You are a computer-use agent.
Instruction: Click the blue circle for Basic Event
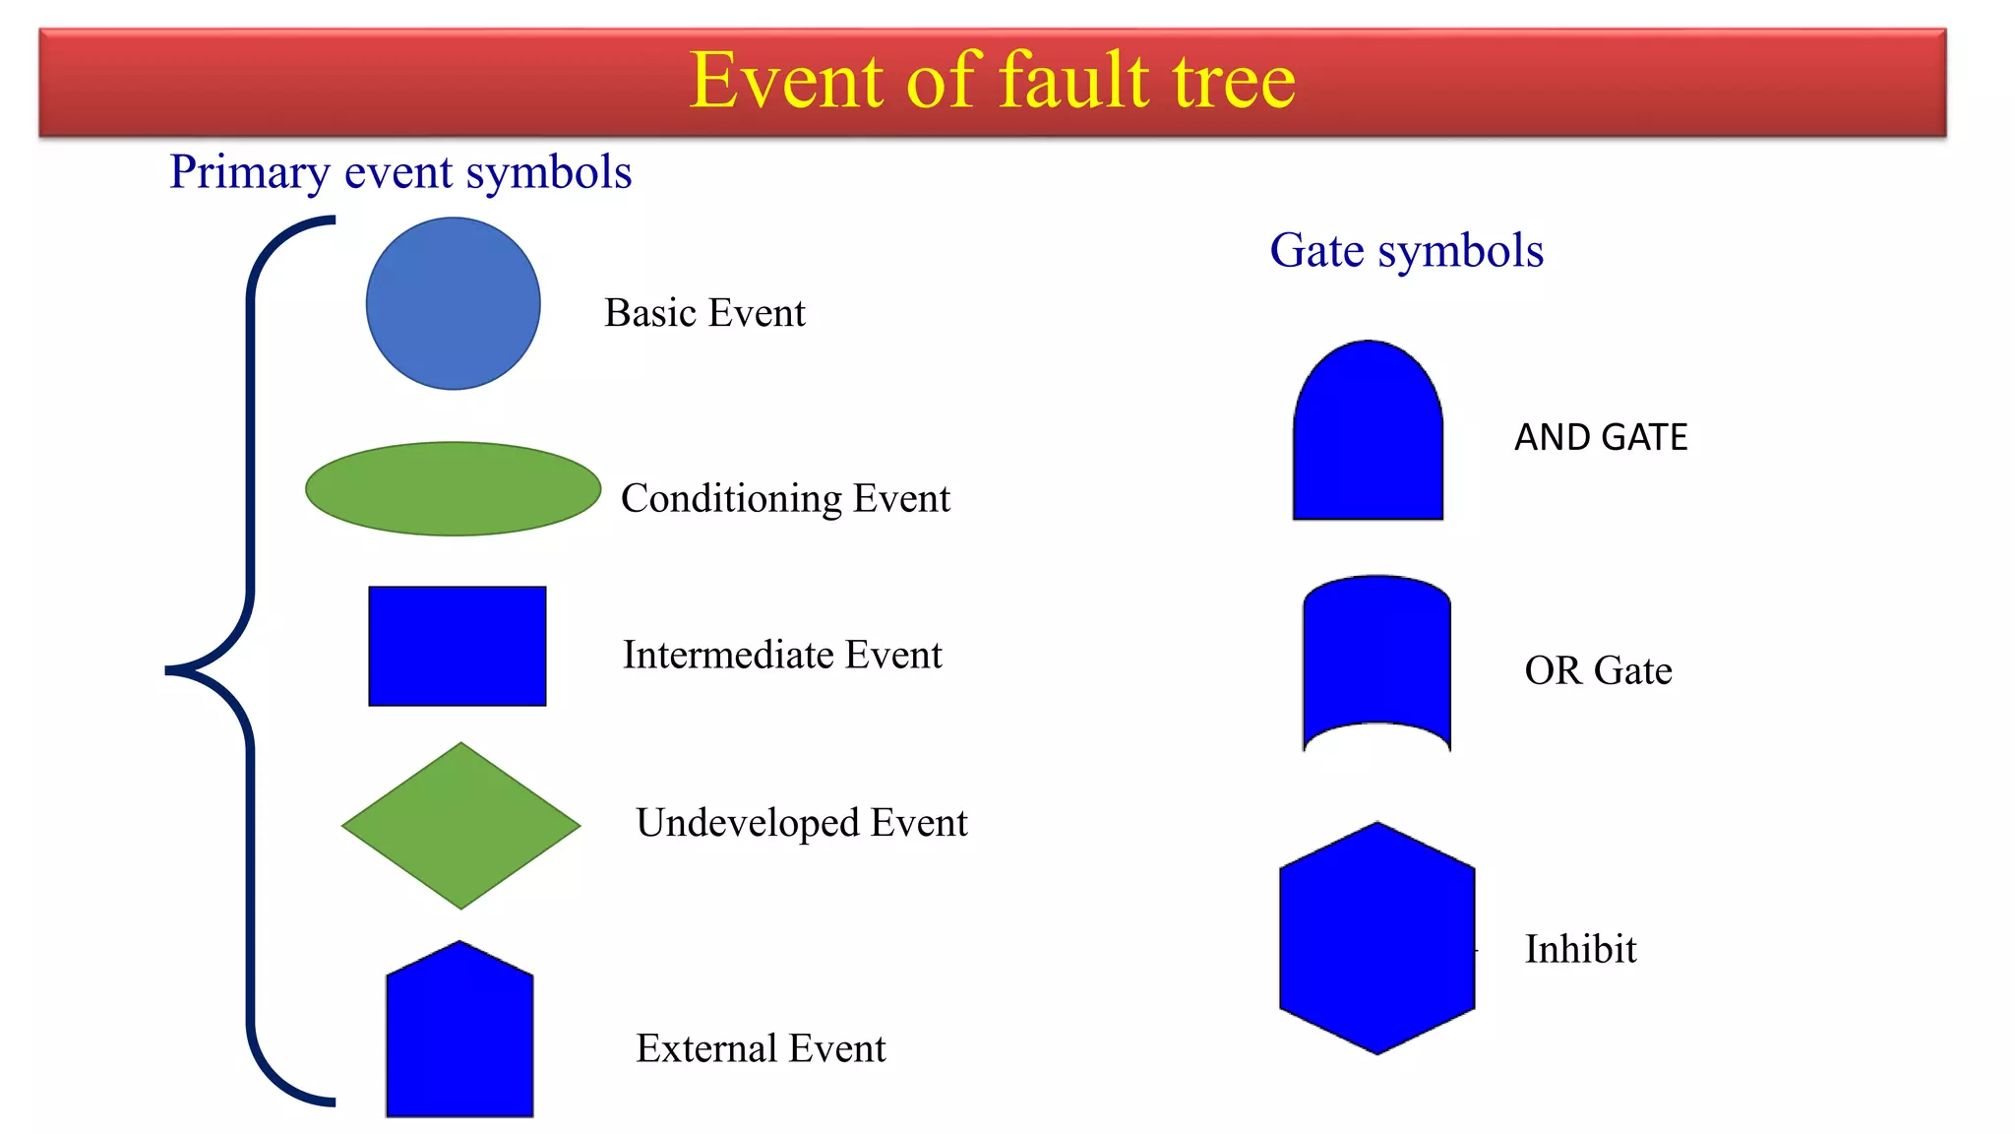[453, 303]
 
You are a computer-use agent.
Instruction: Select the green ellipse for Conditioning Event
[453, 488]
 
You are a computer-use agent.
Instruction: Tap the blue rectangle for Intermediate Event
[457, 646]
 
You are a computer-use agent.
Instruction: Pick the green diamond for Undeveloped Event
[460, 825]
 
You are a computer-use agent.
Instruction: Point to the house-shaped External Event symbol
[459, 1034]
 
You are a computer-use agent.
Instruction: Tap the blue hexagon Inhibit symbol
[1376, 938]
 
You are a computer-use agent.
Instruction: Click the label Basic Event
[704, 313]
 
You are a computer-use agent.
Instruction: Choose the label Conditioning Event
[785, 498]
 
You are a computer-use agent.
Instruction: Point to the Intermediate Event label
[782, 655]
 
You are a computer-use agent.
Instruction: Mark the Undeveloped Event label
[802, 823]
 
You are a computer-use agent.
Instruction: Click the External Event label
[761, 1048]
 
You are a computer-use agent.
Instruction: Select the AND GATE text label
[1601, 437]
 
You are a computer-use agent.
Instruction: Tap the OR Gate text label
[1598, 670]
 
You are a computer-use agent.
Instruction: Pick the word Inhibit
[1580, 949]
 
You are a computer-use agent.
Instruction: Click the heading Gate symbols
[1406, 250]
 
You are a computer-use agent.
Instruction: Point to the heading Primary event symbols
[400, 172]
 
